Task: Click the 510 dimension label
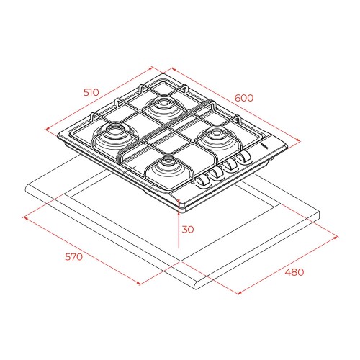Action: point(91,92)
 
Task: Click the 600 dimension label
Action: point(244,98)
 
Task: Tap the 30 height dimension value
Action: point(188,230)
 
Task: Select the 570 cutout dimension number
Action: point(74,257)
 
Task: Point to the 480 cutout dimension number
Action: point(294,272)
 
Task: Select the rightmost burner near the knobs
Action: point(217,139)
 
